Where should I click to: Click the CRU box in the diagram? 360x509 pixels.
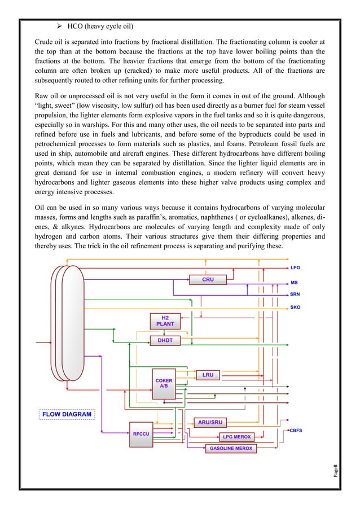tap(208, 279)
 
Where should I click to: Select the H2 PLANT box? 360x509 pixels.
tap(165, 321)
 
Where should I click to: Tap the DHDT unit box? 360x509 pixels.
tap(165, 341)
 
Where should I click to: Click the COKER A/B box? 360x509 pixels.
tap(164, 384)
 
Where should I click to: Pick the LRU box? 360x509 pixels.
tap(208, 375)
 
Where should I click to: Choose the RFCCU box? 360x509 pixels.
tap(141, 435)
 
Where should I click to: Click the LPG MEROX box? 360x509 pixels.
tap(237, 437)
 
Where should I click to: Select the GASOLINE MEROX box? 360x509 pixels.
tap(231, 448)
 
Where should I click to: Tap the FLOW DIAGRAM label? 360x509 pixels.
tap(67, 414)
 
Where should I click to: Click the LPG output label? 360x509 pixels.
tap(295, 268)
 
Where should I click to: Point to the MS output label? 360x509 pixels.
tap(294, 282)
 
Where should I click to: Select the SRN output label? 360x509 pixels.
tap(295, 295)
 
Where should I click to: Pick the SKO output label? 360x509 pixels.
tap(295, 308)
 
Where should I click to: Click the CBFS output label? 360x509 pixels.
tap(296, 430)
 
